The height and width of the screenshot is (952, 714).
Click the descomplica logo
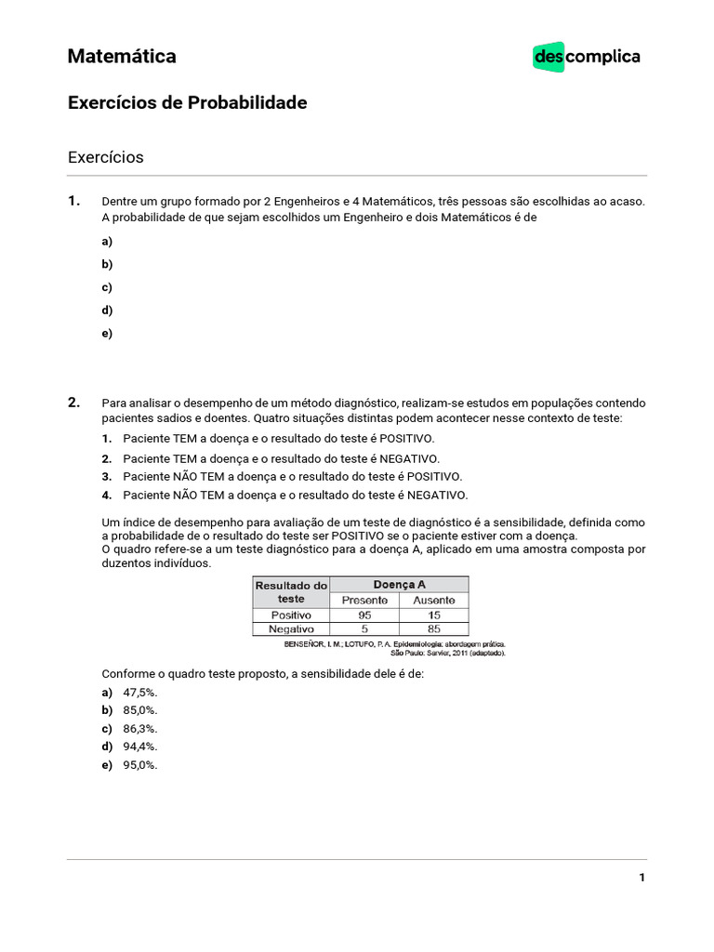tap(587, 57)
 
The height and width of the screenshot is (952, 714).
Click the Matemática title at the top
tap(122, 57)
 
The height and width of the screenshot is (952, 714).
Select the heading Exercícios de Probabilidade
tap(187, 103)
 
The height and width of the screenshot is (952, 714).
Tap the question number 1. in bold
tap(74, 201)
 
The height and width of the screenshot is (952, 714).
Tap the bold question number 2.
tap(74, 403)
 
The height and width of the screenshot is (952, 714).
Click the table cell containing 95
tap(364, 615)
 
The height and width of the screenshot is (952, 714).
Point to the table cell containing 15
tap(434, 615)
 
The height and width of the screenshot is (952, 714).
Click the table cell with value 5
tap(364, 629)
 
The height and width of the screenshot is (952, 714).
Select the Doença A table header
tap(399, 585)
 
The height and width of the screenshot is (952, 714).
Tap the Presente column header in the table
tap(364, 601)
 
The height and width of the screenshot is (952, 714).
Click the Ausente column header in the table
tap(434, 601)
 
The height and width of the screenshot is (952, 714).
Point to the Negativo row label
tap(291, 629)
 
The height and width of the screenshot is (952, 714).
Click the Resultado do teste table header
tap(291, 592)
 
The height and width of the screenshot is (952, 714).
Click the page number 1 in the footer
tap(641, 878)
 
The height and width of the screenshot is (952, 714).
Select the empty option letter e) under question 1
tap(107, 334)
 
